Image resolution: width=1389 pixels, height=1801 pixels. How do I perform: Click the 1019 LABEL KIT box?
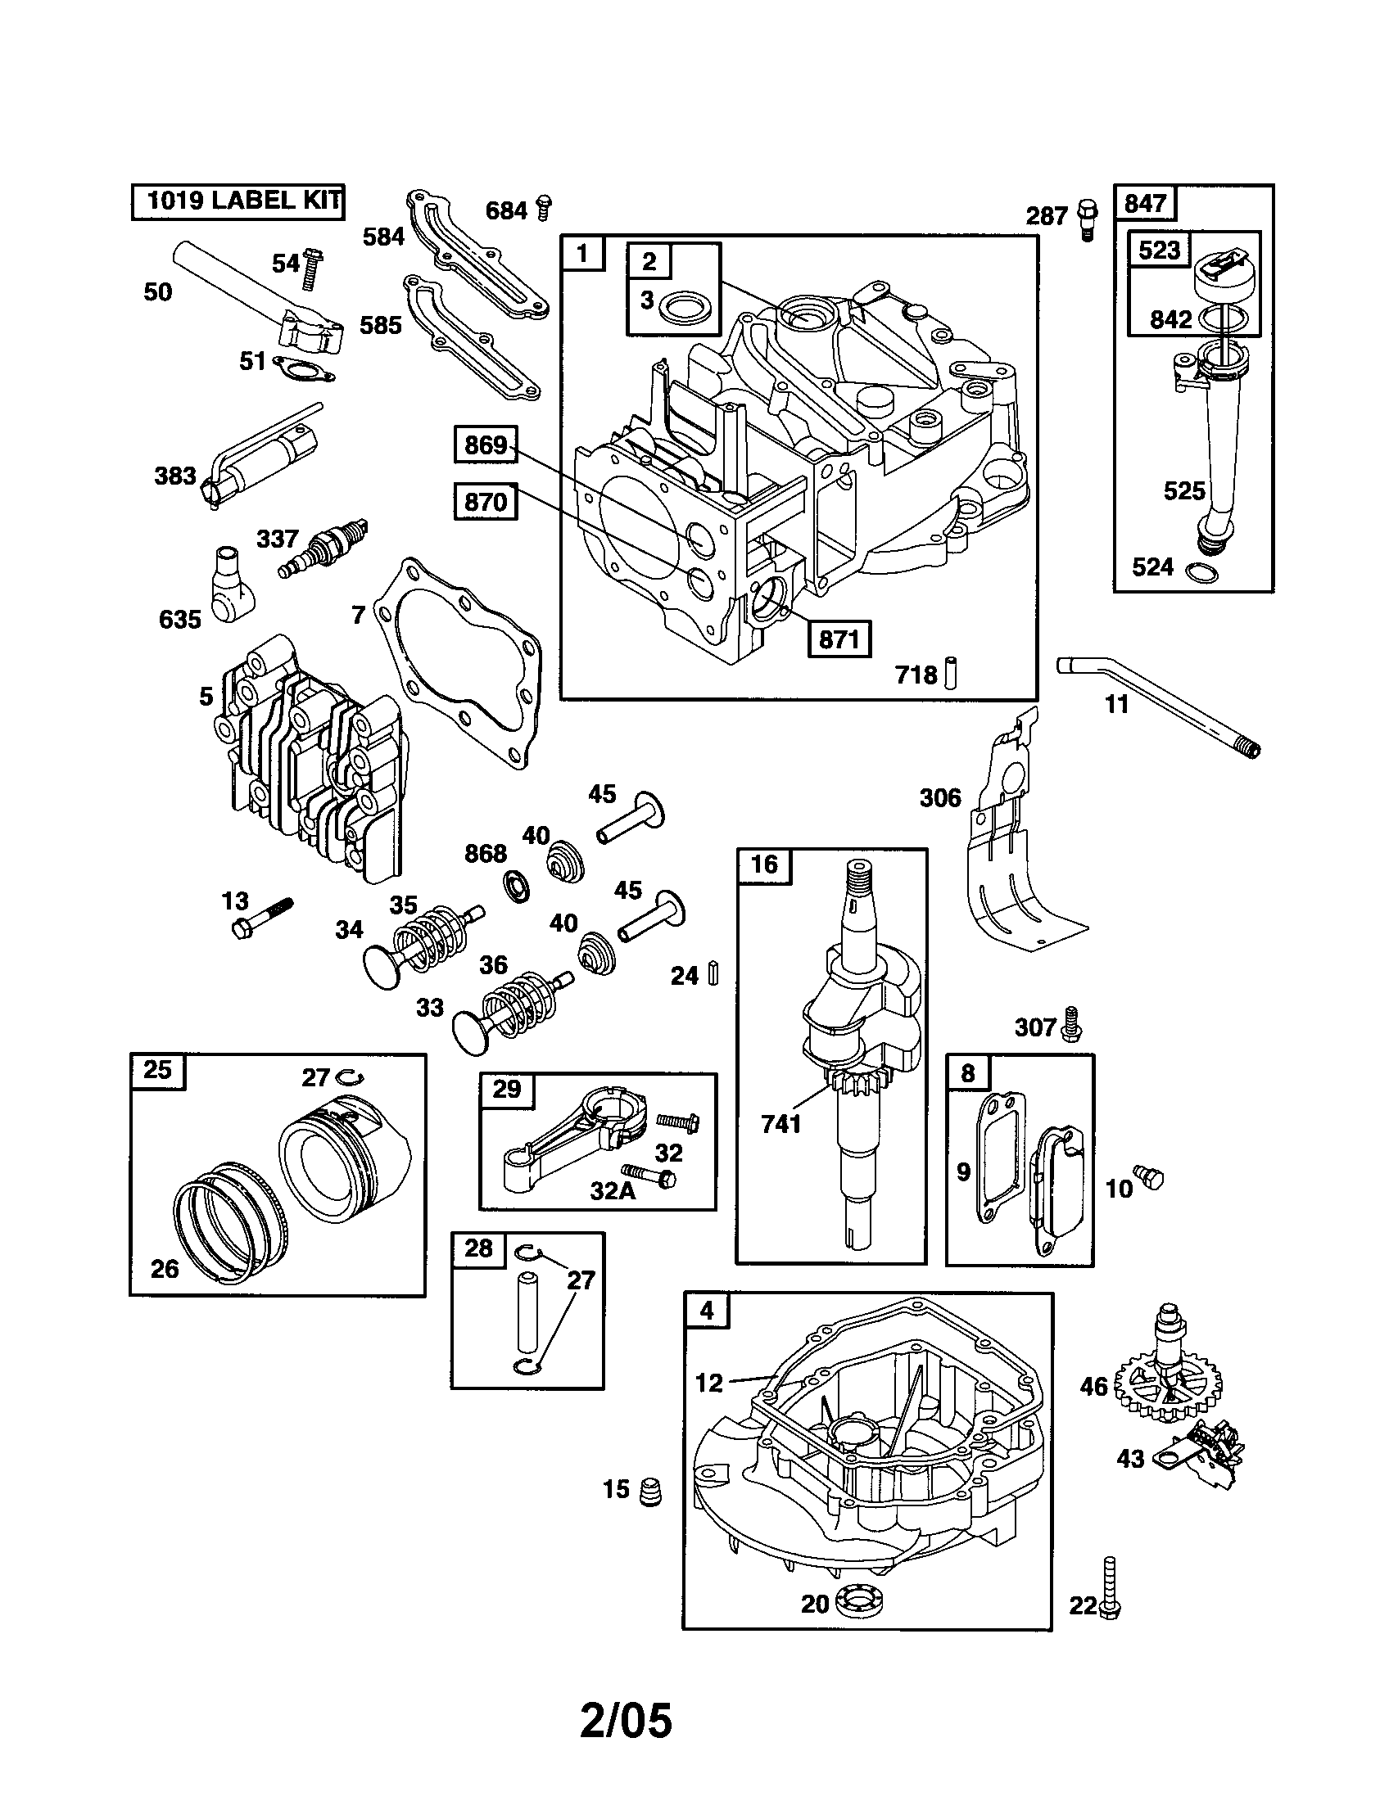coord(238,201)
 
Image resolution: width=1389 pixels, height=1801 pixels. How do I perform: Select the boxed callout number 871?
coord(839,639)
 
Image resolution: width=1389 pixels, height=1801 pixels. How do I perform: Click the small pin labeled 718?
coord(951,672)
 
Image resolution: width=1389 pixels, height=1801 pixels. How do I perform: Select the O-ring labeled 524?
coord(1197,570)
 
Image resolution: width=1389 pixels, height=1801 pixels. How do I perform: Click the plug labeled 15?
coord(651,1488)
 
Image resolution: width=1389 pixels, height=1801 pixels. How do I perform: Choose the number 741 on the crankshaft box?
coord(781,1123)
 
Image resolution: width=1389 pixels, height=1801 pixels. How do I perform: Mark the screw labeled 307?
coord(1071,1023)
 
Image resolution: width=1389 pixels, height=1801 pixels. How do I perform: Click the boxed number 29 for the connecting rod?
coord(506,1090)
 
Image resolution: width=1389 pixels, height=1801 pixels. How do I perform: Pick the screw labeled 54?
coord(312,269)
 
